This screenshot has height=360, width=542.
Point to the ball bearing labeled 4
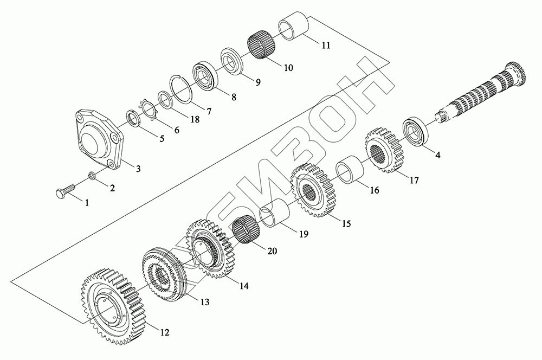pos(416,130)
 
